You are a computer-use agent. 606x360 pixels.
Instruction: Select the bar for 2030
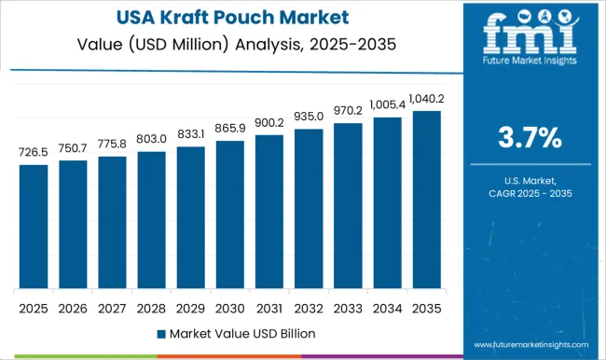229,215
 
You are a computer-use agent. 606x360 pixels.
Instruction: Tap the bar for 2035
426,200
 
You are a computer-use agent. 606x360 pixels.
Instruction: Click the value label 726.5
33,152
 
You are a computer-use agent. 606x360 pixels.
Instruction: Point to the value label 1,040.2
426,99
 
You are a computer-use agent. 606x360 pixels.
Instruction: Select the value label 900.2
269,123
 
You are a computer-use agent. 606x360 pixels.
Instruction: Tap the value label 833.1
190,134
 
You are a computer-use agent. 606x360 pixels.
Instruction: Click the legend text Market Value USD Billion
236,333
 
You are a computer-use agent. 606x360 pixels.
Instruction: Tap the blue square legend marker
161,333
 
